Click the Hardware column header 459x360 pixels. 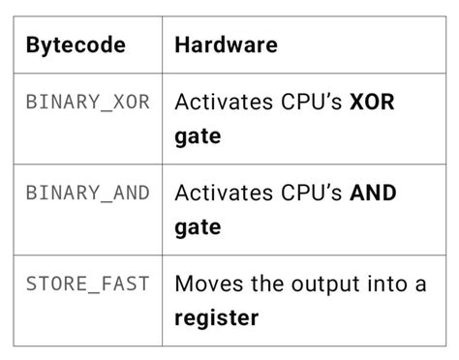226,45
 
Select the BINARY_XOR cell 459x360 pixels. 88,102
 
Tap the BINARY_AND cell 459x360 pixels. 88,193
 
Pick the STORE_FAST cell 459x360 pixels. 88,284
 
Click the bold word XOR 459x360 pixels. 373,102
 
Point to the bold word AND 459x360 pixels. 373,193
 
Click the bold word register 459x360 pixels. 218,317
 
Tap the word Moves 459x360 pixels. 204,284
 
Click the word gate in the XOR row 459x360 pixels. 198,136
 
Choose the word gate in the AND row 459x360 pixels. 198,227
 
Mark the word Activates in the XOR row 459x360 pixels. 220,102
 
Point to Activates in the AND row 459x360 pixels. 220,193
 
